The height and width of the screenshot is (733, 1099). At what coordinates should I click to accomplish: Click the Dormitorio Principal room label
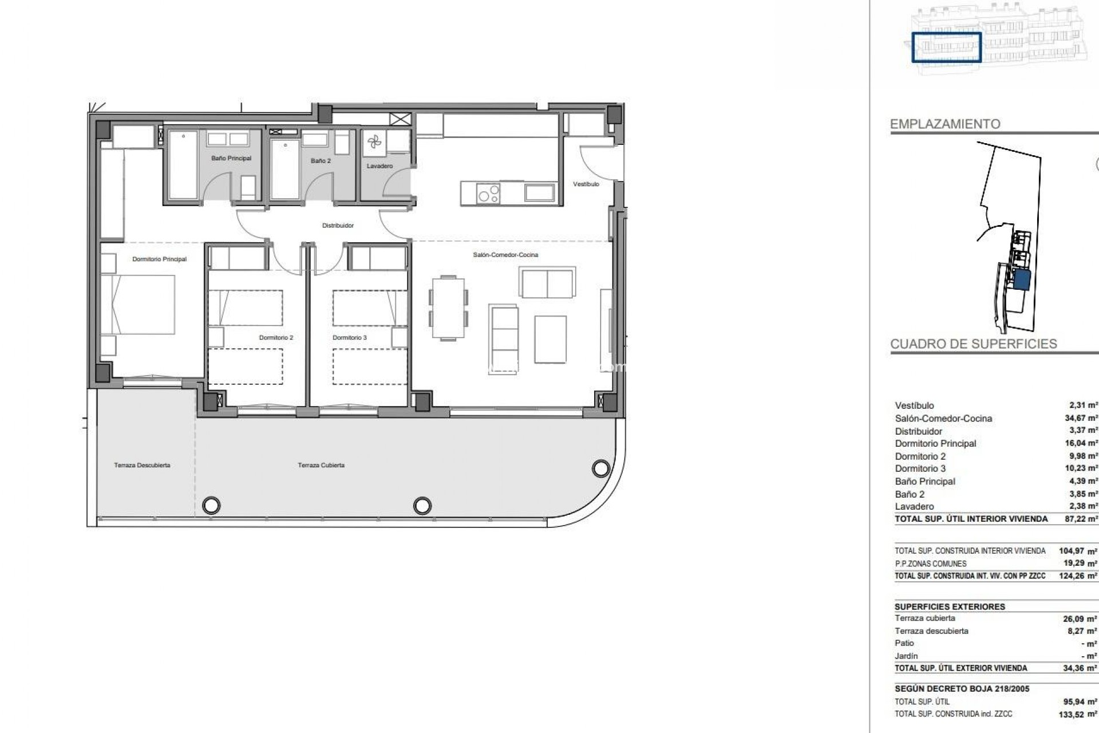[159, 259]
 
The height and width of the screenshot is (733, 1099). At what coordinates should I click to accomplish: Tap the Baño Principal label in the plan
[231, 159]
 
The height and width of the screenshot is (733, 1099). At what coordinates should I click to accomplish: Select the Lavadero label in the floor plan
[379, 167]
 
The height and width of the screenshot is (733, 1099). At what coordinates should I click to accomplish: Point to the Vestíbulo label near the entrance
[586, 184]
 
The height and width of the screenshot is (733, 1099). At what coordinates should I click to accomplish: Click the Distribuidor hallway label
[338, 226]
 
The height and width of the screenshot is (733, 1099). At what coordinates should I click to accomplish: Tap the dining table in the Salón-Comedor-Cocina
[448, 308]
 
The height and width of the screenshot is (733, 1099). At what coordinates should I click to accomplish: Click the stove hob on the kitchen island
[488, 193]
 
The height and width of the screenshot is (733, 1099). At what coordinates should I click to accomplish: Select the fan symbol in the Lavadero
[374, 143]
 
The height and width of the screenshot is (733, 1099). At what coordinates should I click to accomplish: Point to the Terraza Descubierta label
[142, 466]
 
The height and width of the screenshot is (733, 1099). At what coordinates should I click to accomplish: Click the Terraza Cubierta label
[321, 466]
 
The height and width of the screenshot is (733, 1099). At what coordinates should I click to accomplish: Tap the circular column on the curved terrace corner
[600, 469]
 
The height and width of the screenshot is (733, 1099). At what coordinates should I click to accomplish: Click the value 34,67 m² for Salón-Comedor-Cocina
[1081, 419]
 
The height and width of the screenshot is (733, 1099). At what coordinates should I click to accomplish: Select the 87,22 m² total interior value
[1081, 519]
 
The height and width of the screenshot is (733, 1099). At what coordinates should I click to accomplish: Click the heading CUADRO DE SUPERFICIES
[973, 344]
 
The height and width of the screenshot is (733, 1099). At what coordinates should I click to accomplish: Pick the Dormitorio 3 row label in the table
[920, 468]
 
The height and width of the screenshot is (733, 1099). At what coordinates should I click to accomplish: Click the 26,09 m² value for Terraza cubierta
[1080, 619]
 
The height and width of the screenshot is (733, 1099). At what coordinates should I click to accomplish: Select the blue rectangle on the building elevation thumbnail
[946, 48]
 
